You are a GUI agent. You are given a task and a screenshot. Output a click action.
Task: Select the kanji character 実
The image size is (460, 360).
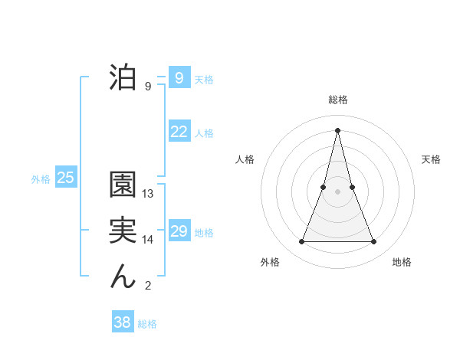(123, 231)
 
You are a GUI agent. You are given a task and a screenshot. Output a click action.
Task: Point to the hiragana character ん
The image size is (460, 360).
(123, 277)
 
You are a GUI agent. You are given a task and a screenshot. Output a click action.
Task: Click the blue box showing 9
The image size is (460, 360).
(179, 77)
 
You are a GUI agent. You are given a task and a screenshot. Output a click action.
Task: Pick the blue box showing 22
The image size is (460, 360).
(179, 132)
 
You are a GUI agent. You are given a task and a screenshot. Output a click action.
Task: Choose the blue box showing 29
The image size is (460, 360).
(179, 231)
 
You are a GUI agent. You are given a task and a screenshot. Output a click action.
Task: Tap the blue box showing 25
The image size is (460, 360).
(65, 178)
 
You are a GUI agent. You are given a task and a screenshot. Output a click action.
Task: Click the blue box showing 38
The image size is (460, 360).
(122, 322)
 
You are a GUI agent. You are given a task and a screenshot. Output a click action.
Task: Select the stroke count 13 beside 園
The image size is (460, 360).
(148, 194)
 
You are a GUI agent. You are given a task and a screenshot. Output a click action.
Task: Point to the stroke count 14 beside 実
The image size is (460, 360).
(148, 240)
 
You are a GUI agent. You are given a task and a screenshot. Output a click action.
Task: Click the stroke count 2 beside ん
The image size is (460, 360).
(148, 286)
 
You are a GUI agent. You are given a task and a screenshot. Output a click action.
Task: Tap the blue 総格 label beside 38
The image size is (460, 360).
(147, 324)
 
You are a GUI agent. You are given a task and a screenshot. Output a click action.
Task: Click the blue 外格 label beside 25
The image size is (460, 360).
(41, 179)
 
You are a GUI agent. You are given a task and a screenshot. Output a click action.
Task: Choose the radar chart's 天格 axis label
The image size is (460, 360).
(431, 159)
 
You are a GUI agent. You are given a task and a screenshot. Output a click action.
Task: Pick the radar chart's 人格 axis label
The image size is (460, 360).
(245, 159)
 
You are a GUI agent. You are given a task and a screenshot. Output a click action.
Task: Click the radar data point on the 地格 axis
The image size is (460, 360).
(374, 242)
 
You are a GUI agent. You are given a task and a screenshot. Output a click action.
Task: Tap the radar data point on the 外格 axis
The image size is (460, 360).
(301, 242)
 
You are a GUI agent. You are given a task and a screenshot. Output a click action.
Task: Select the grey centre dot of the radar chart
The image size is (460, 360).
(337, 191)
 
